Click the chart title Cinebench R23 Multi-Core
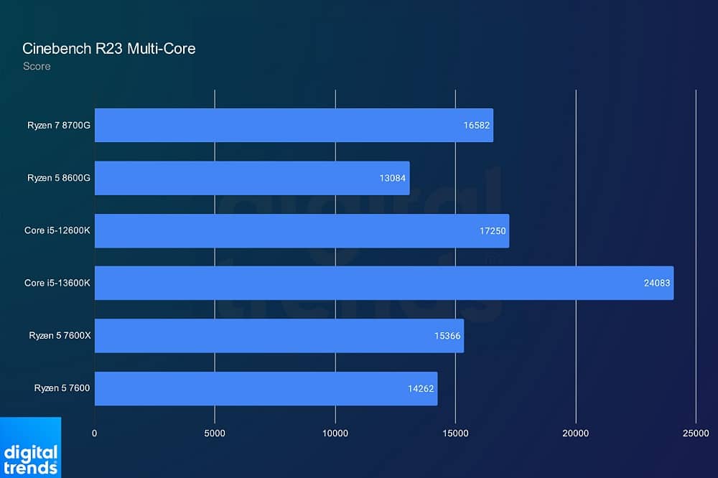click(x=109, y=49)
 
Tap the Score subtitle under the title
click(x=37, y=66)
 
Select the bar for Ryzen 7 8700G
click(x=294, y=125)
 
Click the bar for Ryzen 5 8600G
click(x=252, y=178)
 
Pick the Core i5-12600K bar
click(x=302, y=230)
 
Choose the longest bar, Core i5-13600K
click(x=384, y=283)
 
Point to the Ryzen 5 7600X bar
click(x=279, y=336)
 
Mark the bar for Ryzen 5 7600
click(x=266, y=388)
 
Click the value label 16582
click(x=476, y=125)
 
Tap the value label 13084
click(x=393, y=178)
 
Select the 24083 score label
click(x=657, y=283)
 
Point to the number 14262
click(x=421, y=388)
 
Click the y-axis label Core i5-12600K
click(x=57, y=230)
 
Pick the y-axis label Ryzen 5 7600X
click(x=59, y=336)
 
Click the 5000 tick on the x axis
click(x=215, y=433)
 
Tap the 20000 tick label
click(x=576, y=433)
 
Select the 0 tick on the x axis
click(x=95, y=433)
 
